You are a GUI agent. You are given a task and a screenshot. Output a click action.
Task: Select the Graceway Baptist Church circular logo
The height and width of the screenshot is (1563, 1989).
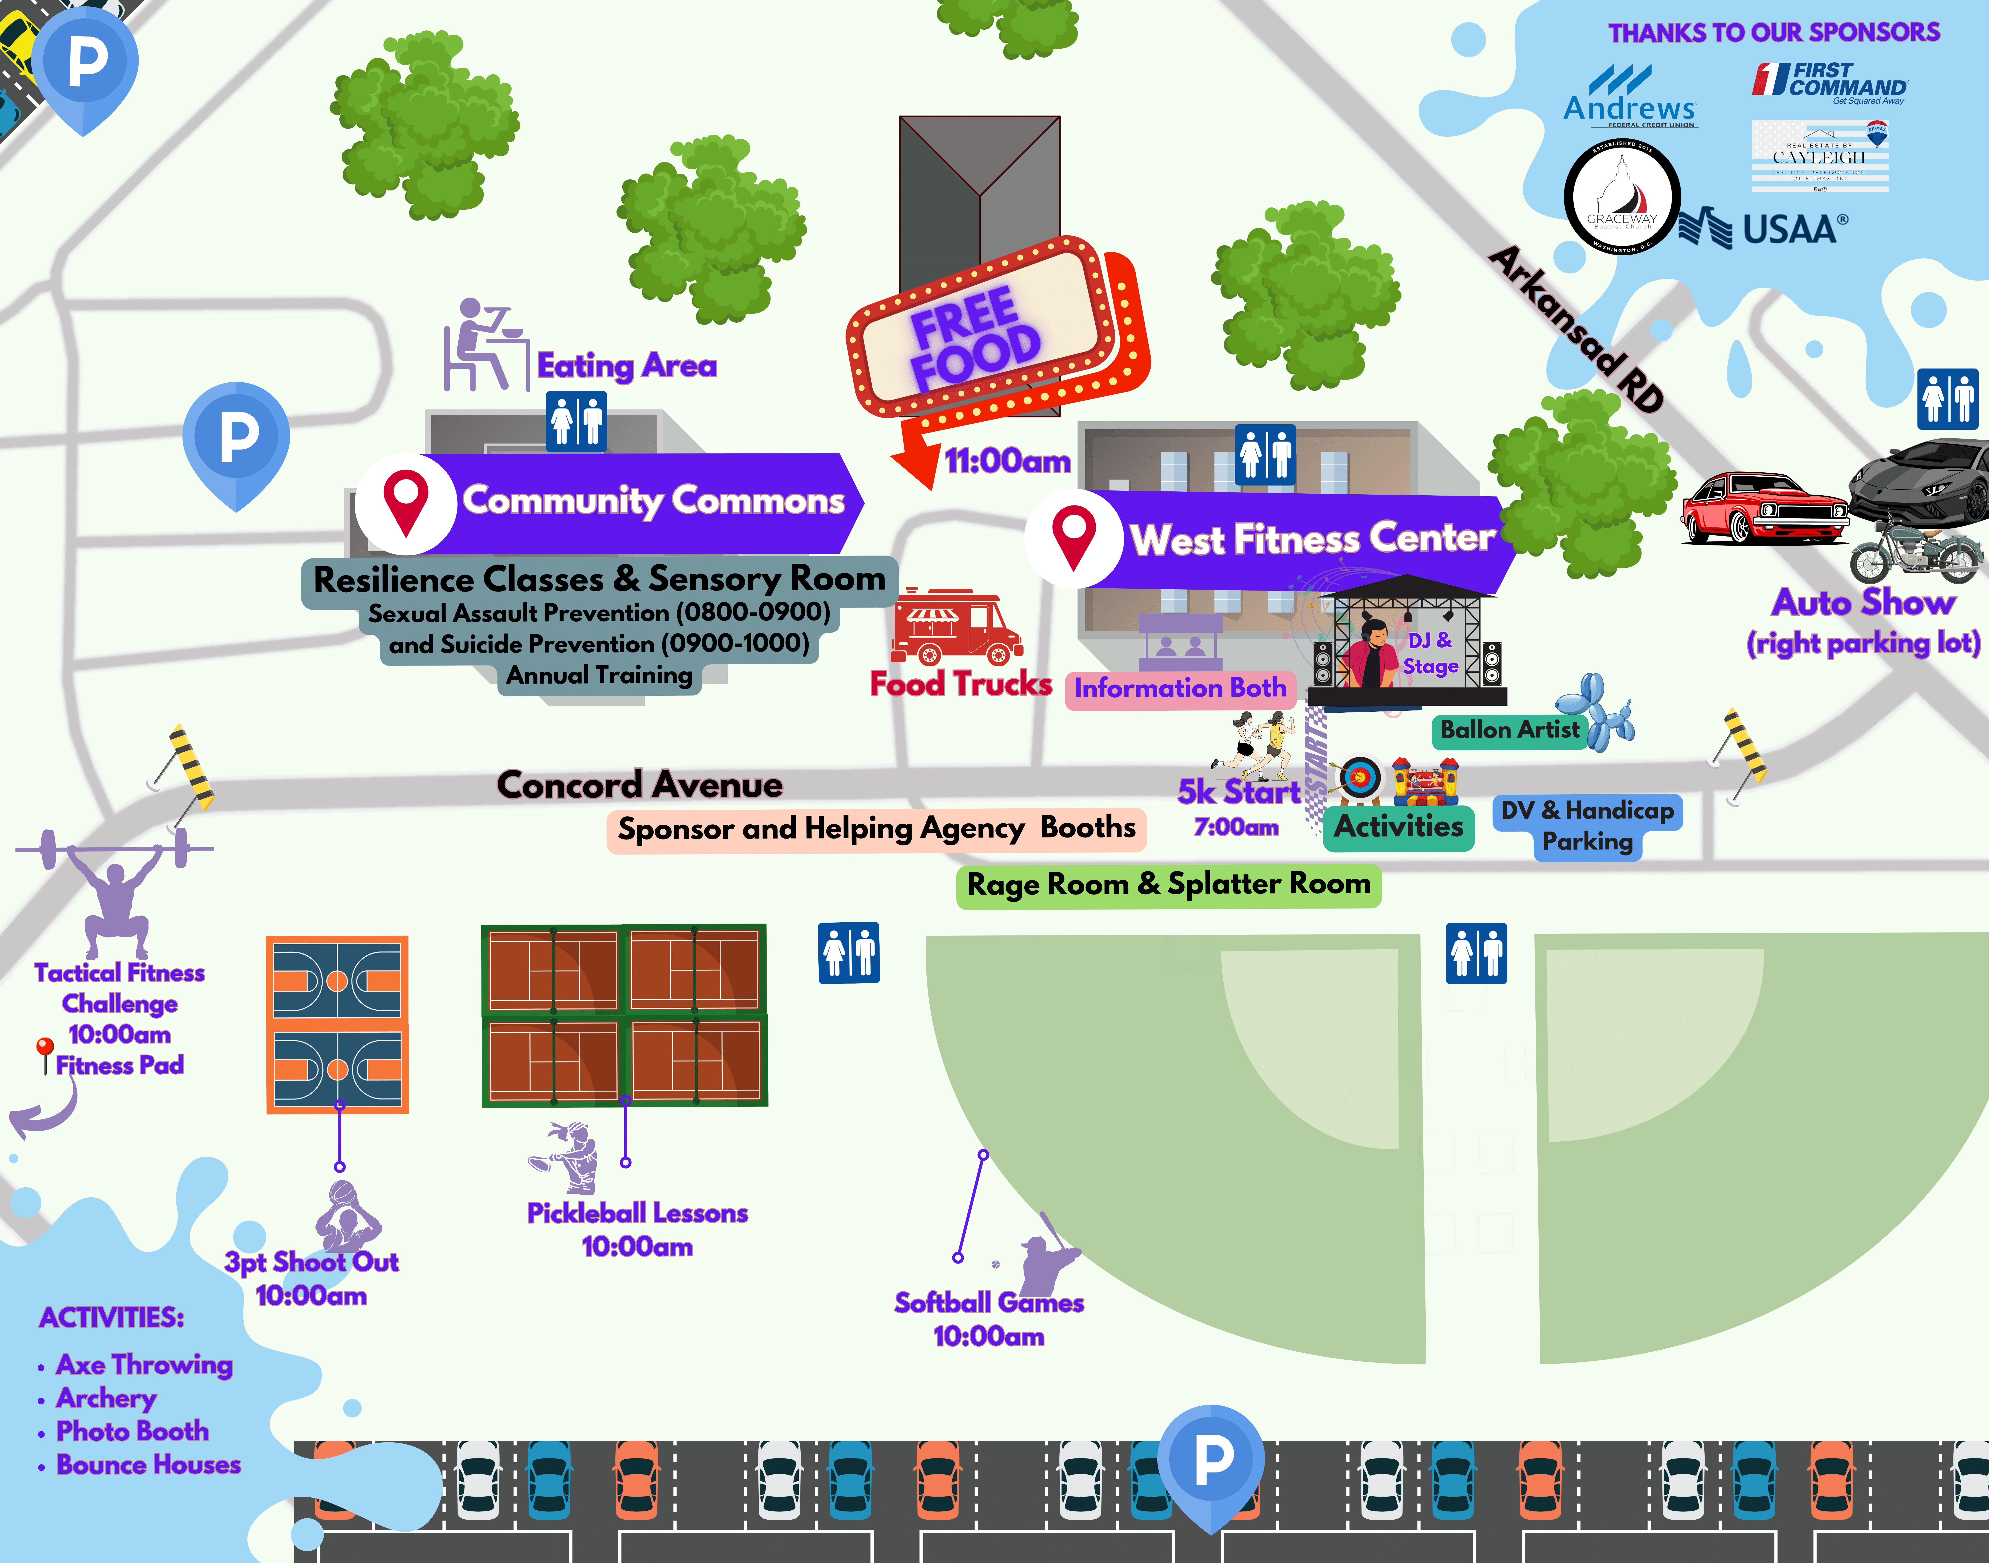point(1621,197)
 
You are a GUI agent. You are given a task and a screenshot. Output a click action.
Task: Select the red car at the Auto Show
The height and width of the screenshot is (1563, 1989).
point(1761,508)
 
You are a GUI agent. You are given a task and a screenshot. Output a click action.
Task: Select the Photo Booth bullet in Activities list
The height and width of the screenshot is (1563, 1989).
point(133,1431)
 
